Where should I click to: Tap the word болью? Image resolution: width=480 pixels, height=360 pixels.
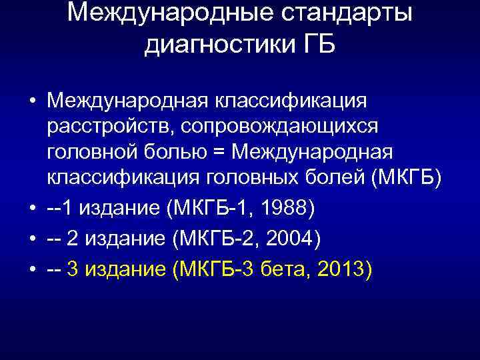coord(168,152)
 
